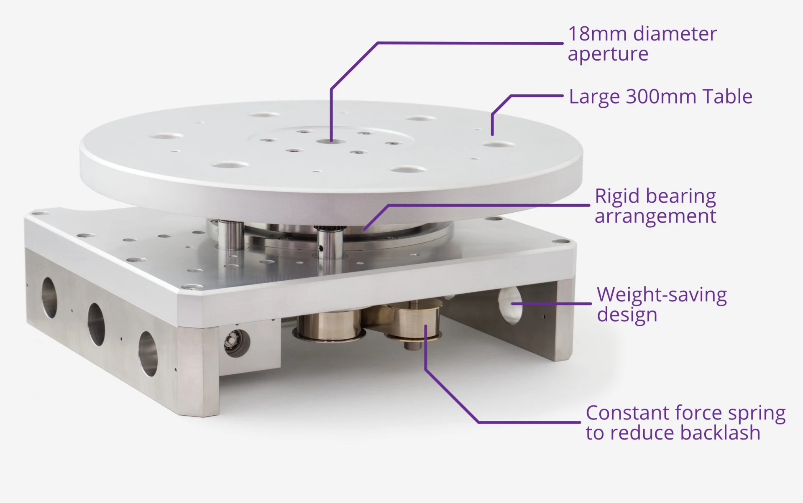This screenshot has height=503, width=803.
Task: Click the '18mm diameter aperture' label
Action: (x=642, y=43)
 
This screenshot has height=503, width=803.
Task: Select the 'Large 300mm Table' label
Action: (x=661, y=97)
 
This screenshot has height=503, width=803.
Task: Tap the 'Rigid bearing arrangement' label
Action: (x=655, y=206)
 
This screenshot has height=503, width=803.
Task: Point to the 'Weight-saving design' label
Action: (x=662, y=305)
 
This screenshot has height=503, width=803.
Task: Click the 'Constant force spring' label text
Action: (x=686, y=413)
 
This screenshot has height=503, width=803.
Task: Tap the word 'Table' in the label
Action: (x=727, y=97)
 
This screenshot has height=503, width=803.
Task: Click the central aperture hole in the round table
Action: (x=331, y=142)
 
